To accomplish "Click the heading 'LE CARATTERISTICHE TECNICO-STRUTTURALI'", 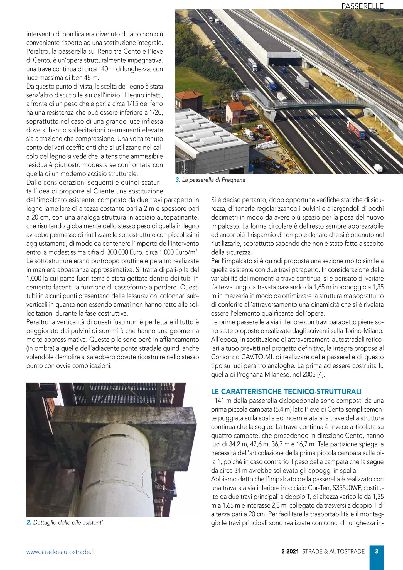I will click(286, 392).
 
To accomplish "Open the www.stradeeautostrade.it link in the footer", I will click(60, 552).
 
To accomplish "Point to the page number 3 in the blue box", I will click(376, 551).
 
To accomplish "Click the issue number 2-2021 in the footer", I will click(290, 551).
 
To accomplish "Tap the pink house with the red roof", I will click(236, 113).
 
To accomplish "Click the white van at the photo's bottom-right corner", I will click(378, 168).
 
